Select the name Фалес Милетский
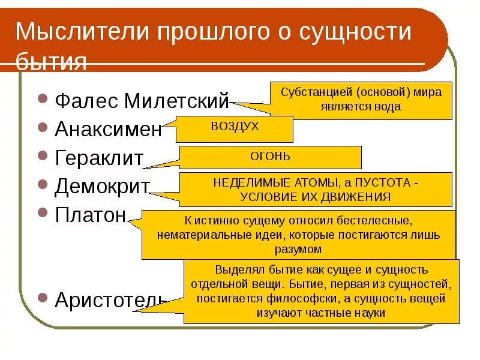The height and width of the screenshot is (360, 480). coord(142,101)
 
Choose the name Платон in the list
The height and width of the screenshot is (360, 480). coord(90,214)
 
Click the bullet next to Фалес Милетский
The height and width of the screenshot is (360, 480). coord(42,98)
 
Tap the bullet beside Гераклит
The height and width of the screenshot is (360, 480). coord(42,155)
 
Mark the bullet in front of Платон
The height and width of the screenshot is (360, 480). coord(42,212)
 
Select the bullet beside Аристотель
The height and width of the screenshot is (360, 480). coord(42,297)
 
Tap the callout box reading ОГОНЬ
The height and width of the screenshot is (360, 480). coord(270,157)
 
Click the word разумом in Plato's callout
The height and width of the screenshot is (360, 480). coord(298,248)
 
